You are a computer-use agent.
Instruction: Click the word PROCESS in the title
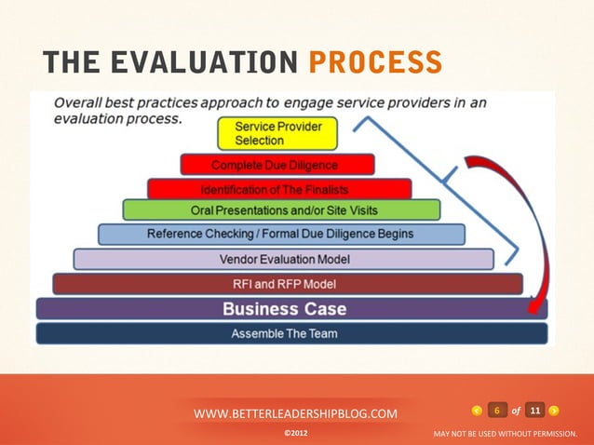click(375, 61)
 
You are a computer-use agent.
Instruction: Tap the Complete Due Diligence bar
click(277, 166)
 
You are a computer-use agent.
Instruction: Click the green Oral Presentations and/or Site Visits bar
click(278, 210)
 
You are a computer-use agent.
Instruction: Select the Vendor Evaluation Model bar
click(283, 259)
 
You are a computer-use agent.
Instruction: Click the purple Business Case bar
click(284, 309)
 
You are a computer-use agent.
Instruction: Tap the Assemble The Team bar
click(284, 333)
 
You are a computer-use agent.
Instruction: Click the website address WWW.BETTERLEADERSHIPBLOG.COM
click(295, 412)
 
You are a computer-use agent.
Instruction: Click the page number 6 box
click(497, 411)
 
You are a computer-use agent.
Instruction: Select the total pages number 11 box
click(534, 411)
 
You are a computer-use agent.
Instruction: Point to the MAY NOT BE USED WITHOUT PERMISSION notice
click(506, 434)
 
